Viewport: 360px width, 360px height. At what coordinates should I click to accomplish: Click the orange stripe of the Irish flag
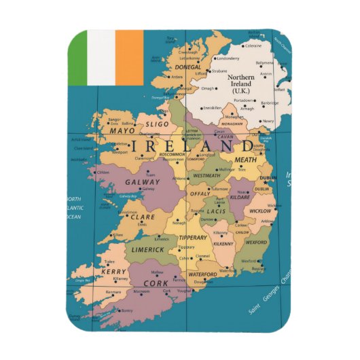130,58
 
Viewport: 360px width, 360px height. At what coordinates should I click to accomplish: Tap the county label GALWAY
142,182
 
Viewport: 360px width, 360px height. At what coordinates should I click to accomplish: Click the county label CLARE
143,218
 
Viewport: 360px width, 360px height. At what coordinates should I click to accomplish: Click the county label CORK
156,283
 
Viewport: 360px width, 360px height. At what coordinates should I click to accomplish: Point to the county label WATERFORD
202,274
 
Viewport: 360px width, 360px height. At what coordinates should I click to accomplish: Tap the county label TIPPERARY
193,238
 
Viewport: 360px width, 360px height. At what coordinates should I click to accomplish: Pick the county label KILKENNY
223,242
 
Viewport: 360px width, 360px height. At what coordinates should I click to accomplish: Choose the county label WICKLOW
260,211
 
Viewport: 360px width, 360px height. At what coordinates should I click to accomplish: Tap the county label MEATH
246,160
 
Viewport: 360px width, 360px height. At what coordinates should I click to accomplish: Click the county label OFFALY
200,194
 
